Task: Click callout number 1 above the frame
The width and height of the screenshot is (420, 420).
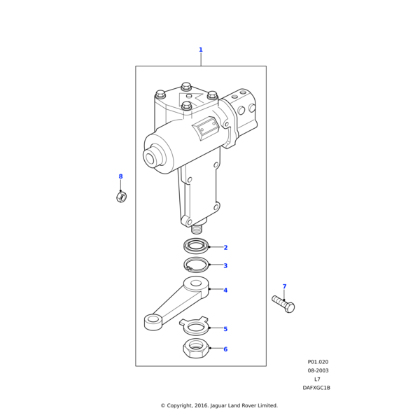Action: coord(200,50)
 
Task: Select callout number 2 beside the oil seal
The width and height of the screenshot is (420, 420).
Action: coord(225,248)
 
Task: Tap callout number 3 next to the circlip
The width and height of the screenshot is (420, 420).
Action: coord(225,266)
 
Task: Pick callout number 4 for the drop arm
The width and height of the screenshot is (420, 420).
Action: coord(225,290)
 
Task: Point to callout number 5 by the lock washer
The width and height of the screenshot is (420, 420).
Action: coord(225,329)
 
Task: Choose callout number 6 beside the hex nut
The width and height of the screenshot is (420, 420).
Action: coord(225,349)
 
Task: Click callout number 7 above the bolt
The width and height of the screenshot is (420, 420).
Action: coord(284,286)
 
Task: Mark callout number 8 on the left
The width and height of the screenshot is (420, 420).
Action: coord(120,177)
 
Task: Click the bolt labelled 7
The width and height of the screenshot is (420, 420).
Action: coord(283,304)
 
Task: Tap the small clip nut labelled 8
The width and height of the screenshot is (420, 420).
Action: coord(121,197)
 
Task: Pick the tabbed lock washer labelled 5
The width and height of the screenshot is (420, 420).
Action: coord(195,326)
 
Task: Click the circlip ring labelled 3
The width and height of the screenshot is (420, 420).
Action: coord(197,265)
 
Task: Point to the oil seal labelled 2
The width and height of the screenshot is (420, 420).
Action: coord(197,245)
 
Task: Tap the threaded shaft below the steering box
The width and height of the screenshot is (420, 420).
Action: coord(197,228)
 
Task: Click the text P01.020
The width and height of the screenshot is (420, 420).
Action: coord(318,363)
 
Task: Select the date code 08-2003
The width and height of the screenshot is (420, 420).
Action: coord(318,371)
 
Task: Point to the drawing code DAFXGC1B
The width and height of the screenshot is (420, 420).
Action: coord(316,388)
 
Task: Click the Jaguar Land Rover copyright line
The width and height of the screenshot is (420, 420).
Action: coord(219,405)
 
